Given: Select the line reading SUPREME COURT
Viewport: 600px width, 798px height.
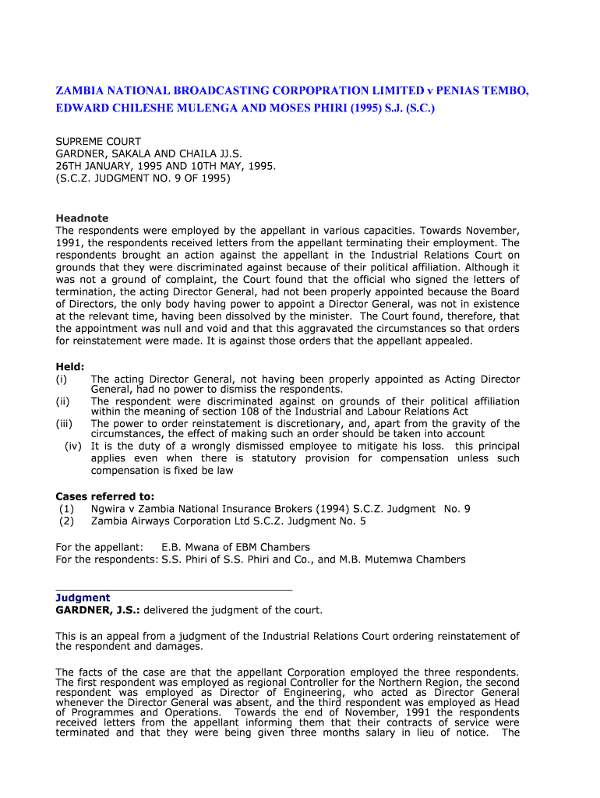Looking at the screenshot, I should click(x=98, y=142).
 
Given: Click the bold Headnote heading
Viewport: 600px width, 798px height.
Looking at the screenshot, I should click(x=82, y=218).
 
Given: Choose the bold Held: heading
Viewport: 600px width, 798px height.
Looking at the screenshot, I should click(x=70, y=366).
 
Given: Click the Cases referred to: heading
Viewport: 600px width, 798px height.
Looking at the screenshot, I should click(x=104, y=496).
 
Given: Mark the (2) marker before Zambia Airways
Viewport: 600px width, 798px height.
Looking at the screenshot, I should click(x=65, y=521).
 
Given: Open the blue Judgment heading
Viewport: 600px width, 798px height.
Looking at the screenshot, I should click(x=83, y=598).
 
